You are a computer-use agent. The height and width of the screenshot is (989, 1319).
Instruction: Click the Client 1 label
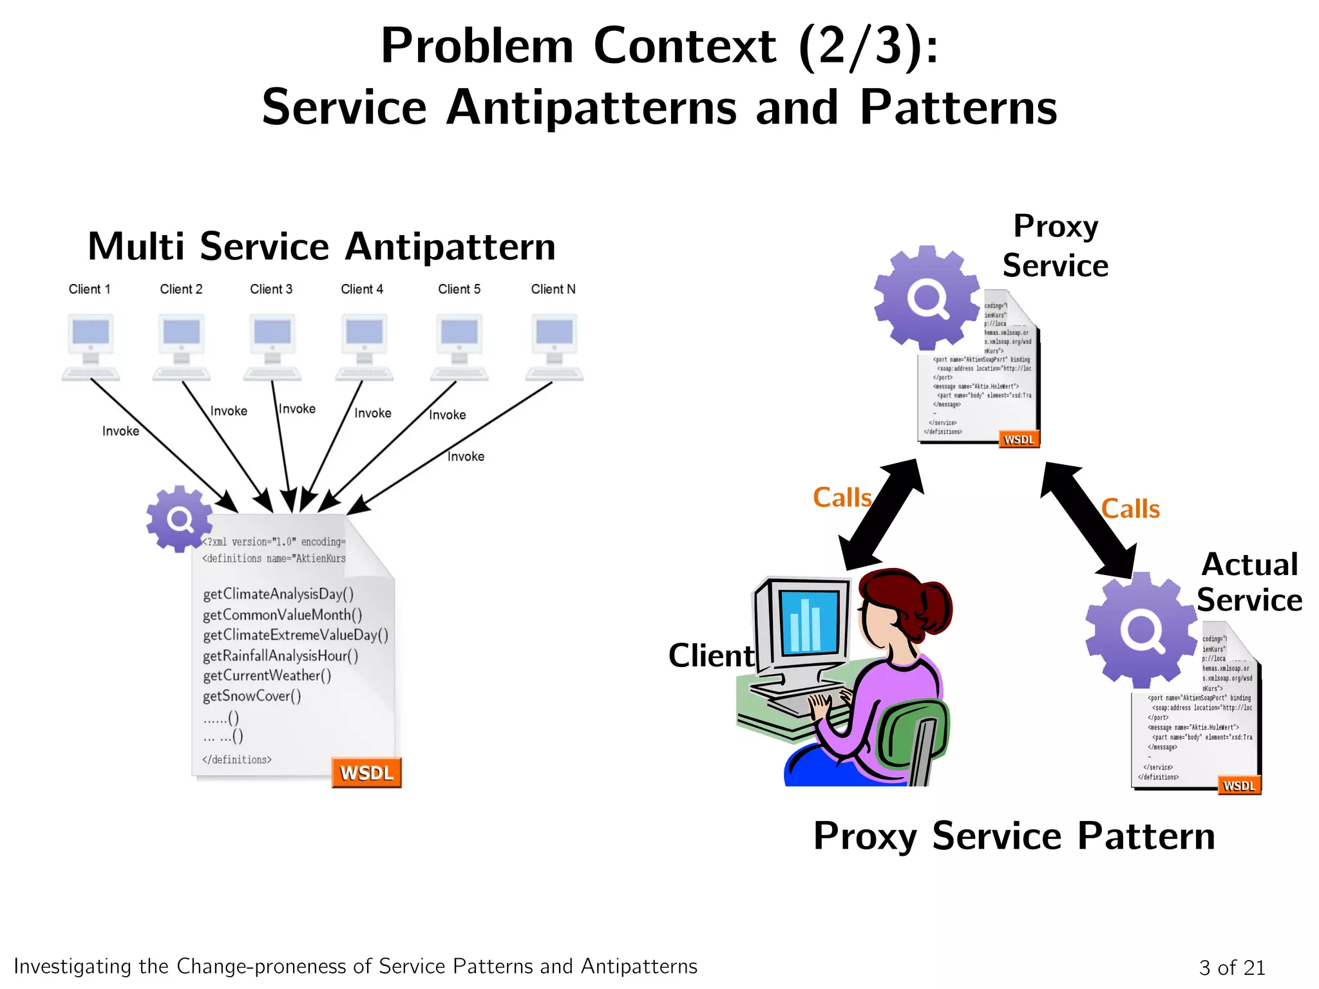(x=90, y=289)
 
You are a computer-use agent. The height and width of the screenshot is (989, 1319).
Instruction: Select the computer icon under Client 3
(x=272, y=346)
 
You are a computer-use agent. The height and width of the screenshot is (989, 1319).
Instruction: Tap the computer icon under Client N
(x=555, y=346)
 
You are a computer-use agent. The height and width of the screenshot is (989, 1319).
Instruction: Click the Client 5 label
(x=459, y=289)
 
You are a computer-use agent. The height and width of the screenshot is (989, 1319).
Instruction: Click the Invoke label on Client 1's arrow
(x=120, y=431)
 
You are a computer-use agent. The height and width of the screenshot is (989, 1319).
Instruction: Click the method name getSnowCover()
(x=252, y=696)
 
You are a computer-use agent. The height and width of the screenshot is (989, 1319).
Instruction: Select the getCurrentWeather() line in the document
(x=267, y=675)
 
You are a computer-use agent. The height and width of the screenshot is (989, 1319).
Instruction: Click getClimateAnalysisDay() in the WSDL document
(x=278, y=594)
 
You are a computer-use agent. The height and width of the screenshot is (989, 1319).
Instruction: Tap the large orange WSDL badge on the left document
(x=366, y=773)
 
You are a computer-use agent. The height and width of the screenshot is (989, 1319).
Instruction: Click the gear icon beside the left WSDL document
(x=179, y=519)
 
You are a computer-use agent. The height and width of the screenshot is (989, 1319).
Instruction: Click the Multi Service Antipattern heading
(x=321, y=247)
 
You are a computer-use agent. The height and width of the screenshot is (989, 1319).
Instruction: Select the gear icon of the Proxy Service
(x=926, y=297)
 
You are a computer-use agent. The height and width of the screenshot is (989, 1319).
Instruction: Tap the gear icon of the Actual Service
(x=1141, y=630)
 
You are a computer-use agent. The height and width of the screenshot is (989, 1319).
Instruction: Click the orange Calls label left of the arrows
(x=842, y=498)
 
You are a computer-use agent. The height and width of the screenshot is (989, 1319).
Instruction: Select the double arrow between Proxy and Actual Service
(x=1088, y=520)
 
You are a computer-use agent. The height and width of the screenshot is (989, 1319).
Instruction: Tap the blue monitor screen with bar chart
(x=809, y=621)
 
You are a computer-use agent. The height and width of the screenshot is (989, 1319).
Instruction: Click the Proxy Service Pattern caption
(x=1014, y=836)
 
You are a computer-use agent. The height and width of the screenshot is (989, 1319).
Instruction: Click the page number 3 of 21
(x=1231, y=967)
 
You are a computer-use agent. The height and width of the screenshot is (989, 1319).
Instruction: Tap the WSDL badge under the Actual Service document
(x=1238, y=786)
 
